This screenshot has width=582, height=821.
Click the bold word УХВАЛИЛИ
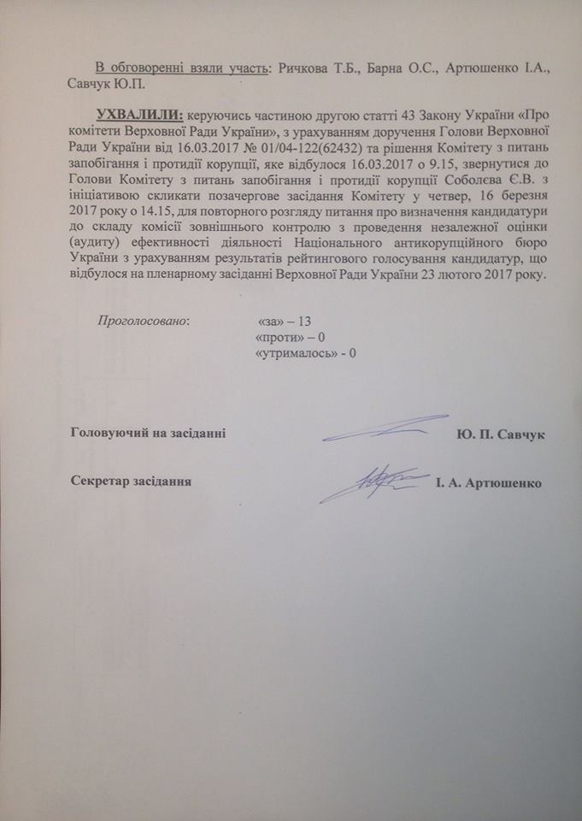(141, 115)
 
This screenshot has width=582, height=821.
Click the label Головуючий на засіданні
(147, 434)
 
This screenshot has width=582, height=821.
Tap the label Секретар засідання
(130, 481)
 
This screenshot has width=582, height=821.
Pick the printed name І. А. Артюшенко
(486, 482)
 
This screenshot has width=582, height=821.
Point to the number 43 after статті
(364, 115)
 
